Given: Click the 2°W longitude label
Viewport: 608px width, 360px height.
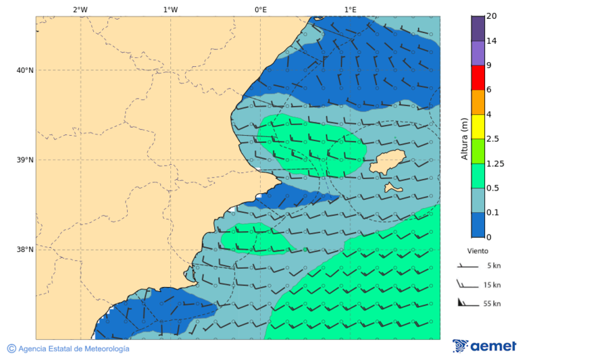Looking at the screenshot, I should point(80,9).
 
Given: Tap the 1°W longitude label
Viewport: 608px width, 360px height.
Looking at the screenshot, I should point(170,9).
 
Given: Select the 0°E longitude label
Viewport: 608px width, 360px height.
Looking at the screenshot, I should point(260,9).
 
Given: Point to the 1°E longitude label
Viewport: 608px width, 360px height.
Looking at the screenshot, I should point(350,9).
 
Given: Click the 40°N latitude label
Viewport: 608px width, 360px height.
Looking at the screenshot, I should point(25,70).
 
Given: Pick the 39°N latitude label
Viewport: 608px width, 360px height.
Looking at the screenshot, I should point(25,160).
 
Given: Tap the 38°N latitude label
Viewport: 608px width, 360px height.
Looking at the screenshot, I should point(25,250).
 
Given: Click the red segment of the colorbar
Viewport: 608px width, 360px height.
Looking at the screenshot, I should point(478,78).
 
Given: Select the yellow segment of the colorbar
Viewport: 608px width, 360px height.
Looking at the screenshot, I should point(478,126).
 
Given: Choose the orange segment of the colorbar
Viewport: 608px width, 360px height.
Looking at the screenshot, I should point(478,102).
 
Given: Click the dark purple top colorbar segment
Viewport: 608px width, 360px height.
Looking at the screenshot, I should point(478,28).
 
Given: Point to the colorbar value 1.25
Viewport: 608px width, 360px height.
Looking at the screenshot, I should point(496,163).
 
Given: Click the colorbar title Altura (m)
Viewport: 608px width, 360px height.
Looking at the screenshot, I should point(464,139).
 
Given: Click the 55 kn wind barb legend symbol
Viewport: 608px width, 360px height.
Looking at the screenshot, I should point(466,303).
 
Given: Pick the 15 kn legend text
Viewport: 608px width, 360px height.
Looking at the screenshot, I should point(492,285).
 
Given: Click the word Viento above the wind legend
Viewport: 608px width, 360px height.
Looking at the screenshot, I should point(478,251).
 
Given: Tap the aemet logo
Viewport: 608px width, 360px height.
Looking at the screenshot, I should point(484,346).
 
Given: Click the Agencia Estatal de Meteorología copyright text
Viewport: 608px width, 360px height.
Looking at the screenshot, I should point(68,349).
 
